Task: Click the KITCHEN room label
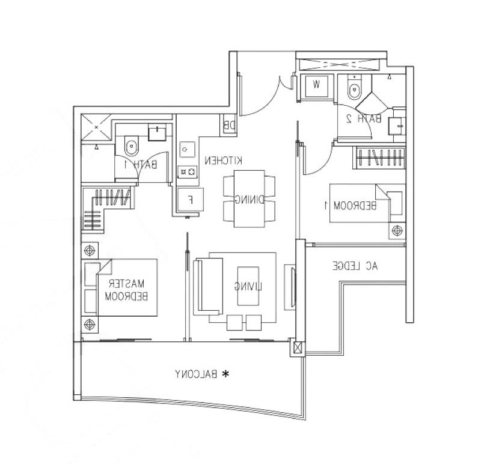pyautogui.click(x=223, y=160)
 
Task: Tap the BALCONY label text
pyautogui.click(x=195, y=374)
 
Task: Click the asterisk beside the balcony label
pyautogui.click(x=225, y=374)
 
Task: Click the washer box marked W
pyautogui.click(x=317, y=85)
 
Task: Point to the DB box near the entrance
pyautogui.click(x=228, y=126)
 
